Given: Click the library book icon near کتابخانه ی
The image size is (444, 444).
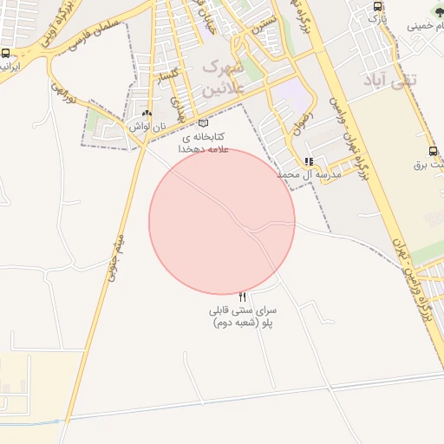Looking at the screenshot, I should (203, 123).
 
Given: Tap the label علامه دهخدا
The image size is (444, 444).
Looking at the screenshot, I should (202, 149).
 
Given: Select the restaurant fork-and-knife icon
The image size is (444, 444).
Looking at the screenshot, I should (242, 297).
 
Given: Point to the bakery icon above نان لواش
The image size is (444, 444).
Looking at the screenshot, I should (147, 114).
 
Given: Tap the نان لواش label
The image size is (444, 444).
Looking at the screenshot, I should (147, 127).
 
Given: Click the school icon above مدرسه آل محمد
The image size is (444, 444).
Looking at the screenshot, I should (309, 161).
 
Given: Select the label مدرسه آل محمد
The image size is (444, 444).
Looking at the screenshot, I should (311, 174).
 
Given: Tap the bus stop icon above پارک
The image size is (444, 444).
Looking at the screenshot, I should (376, 5).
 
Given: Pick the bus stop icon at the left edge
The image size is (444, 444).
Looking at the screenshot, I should (6, 54).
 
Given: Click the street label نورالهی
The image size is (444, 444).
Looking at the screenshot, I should (66, 94).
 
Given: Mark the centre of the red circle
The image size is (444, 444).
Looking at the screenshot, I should (222, 221).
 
